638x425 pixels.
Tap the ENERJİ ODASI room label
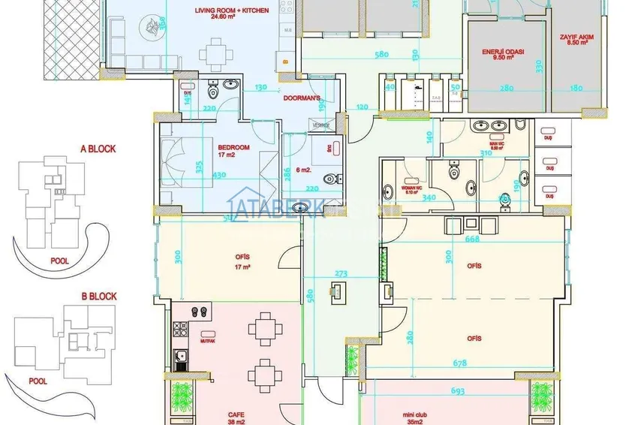pyautogui.click(x=502, y=54)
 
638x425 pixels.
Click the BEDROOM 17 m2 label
pyautogui.click(x=228, y=150)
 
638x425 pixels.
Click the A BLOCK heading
pyautogui.click(x=98, y=149)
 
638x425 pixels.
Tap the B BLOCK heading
pyautogui.click(x=98, y=297)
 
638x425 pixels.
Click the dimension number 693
pyautogui.click(x=459, y=391)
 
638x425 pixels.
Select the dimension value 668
pyautogui.click(x=472, y=240)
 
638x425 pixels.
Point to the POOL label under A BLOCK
pyautogui.click(x=60, y=261)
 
